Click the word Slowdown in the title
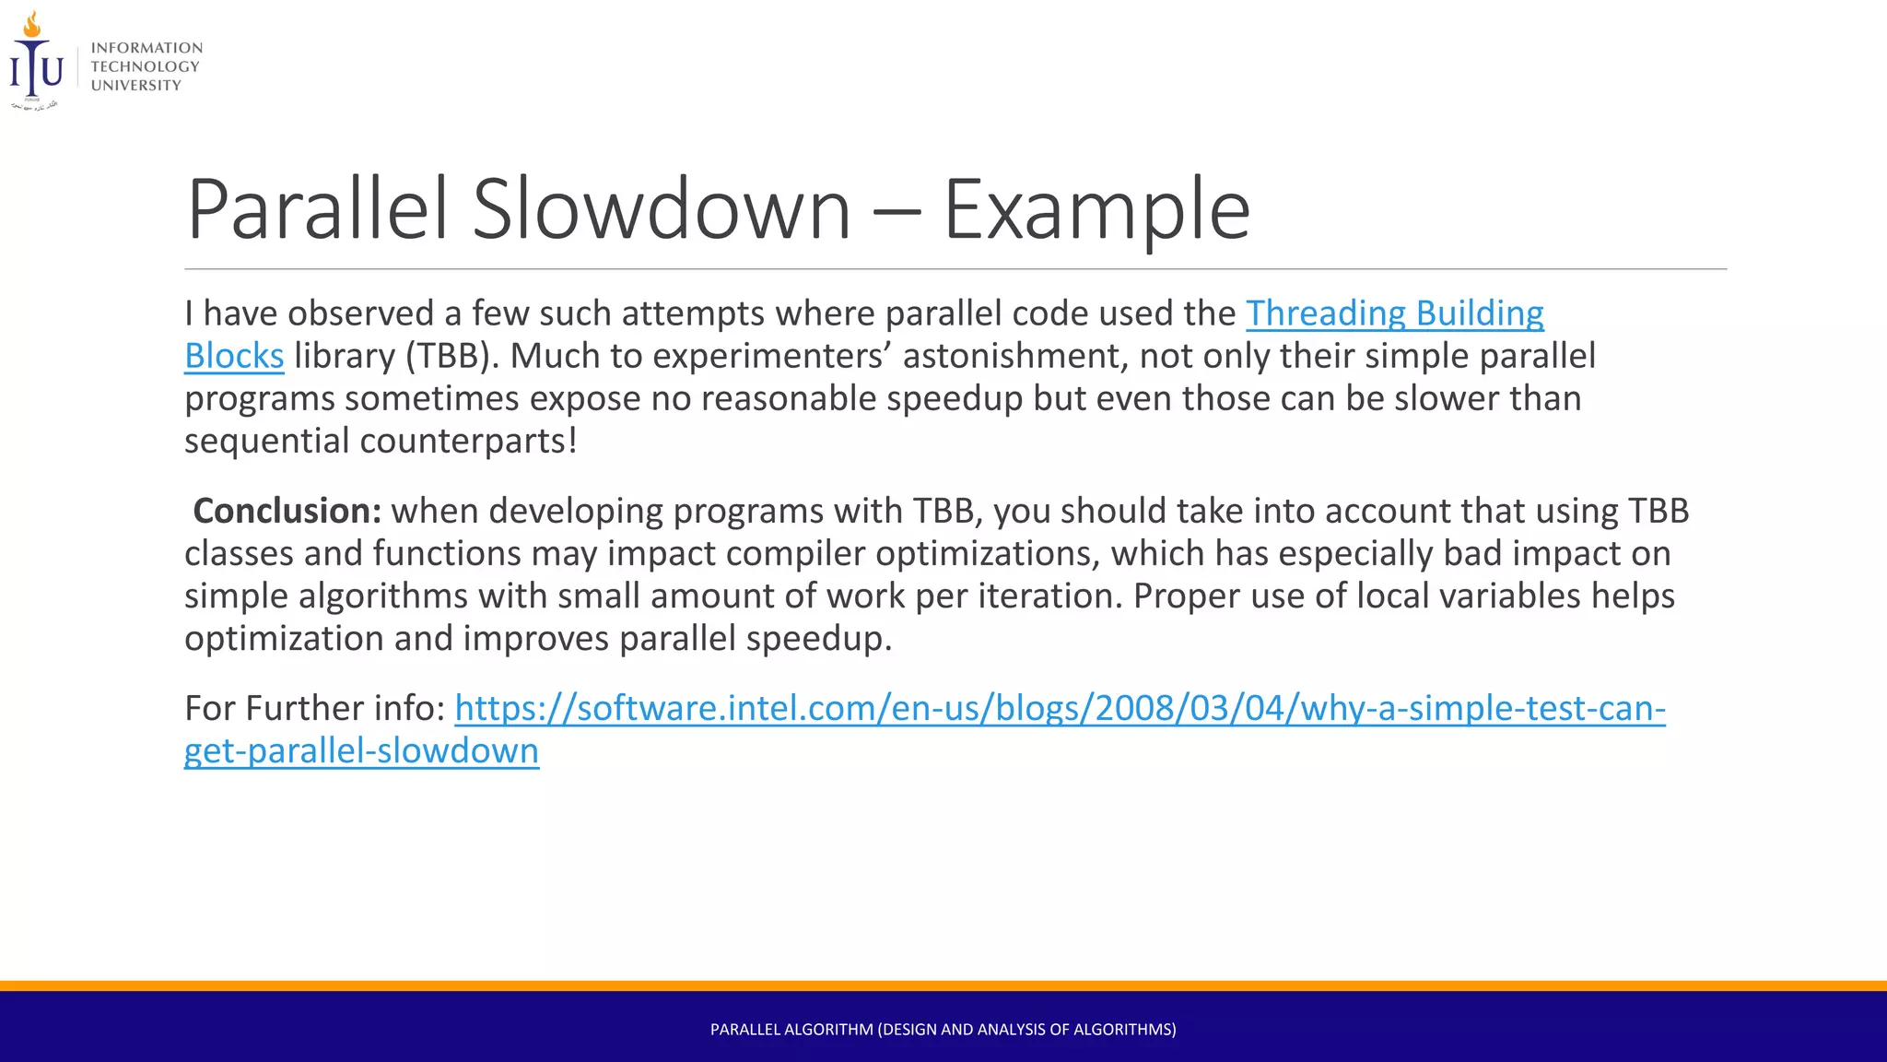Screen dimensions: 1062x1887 661,210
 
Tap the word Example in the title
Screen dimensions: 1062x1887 1096,210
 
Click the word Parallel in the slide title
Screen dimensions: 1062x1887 317,210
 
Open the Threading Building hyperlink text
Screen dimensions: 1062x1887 1394,313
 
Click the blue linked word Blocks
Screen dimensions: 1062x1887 234,356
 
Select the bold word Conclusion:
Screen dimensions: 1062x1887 287,511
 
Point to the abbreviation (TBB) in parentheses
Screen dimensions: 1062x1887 451,356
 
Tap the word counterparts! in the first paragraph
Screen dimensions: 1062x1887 468,441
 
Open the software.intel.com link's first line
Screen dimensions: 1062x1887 1060,708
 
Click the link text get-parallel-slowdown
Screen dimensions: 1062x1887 361,750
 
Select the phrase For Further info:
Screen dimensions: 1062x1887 314,708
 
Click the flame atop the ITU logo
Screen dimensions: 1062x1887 32,24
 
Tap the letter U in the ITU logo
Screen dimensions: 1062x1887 53,70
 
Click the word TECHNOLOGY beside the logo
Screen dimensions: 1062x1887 145,66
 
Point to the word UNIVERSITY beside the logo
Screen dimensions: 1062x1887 135,86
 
